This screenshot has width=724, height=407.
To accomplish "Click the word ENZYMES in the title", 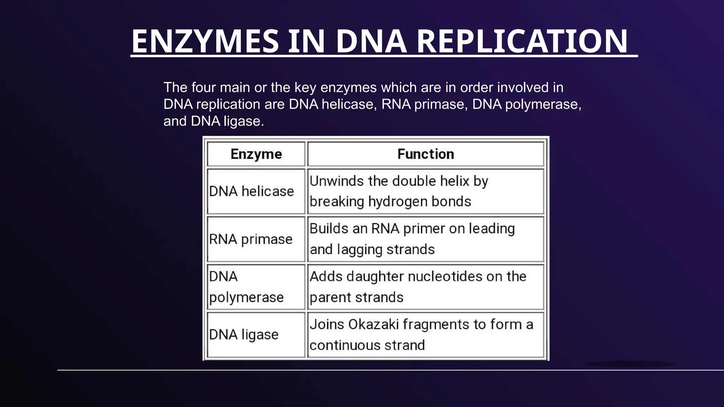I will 205,41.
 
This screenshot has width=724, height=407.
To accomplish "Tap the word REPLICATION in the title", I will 522,41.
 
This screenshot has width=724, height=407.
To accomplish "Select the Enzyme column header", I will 256,154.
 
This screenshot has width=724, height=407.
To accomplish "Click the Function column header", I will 425,154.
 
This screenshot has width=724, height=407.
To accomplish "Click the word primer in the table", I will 424,229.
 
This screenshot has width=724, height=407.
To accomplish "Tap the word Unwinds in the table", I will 337,181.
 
